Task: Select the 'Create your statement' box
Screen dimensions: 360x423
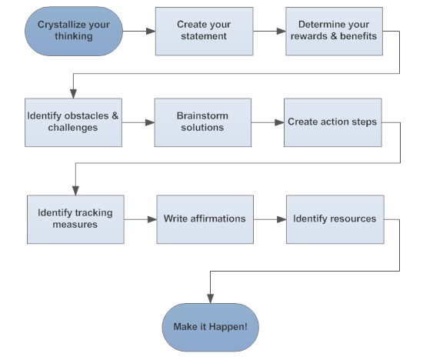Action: coord(205,32)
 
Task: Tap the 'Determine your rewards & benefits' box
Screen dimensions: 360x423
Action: coord(335,32)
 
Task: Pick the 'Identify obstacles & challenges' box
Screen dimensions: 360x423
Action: coord(73,122)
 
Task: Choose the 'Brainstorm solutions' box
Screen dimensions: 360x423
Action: coord(203,122)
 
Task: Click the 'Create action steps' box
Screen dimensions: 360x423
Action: coord(333,122)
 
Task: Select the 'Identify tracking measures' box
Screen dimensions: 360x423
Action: coord(75,219)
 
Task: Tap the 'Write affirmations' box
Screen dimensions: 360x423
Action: coord(205,219)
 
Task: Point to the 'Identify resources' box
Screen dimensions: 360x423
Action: coord(335,219)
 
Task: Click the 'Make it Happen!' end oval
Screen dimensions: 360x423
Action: coord(210,327)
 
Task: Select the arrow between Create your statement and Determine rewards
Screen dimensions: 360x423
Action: coord(269,32)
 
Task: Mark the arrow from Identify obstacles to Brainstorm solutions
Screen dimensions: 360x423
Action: coord(138,122)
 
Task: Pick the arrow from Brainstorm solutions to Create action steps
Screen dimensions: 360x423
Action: coord(268,122)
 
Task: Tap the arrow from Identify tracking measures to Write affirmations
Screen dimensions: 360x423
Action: coord(140,219)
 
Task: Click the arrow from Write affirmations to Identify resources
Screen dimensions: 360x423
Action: coord(269,219)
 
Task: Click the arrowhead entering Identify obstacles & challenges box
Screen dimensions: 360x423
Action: coord(73,93)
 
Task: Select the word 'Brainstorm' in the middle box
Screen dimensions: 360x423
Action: coord(203,116)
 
